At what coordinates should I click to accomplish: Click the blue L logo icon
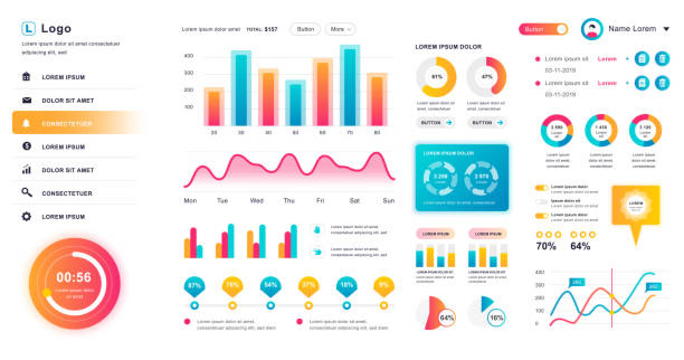point(28,29)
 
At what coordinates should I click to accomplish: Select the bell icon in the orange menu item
point(26,123)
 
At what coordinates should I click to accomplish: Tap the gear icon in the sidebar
point(26,216)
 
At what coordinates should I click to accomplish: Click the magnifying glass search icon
point(26,193)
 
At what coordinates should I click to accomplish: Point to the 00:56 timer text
point(74,277)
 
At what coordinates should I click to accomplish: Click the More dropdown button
point(340,29)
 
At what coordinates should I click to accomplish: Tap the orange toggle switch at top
point(543,29)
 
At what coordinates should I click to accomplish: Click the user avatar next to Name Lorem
point(592,29)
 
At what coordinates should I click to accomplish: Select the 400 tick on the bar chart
point(188,56)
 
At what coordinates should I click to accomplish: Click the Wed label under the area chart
point(256,201)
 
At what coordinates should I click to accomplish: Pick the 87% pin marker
point(194,286)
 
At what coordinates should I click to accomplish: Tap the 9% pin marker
point(384,286)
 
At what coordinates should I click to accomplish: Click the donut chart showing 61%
point(436,77)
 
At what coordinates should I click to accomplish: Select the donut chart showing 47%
point(486,77)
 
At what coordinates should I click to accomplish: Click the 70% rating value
point(546,246)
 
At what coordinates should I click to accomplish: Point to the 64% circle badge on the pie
point(447,318)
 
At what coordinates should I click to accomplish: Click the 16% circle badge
point(496,318)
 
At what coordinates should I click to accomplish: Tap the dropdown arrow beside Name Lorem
point(666,29)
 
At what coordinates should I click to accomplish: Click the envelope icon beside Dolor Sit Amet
point(26,101)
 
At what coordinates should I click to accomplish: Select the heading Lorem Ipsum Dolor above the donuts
point(448,47)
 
